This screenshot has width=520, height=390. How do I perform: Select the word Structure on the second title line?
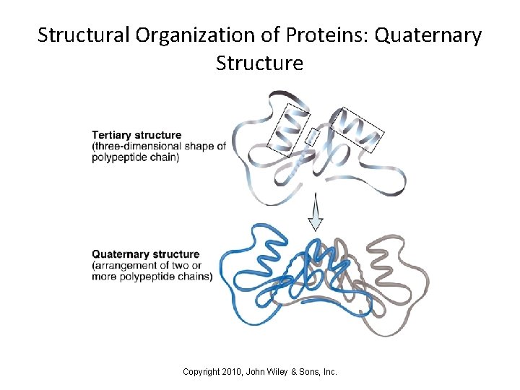click(x=259, y=64)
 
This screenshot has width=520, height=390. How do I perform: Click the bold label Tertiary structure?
click(x=136, y=135)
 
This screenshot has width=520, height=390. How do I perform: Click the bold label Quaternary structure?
click(x=145, y=254)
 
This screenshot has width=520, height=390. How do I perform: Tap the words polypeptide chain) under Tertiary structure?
click(x=135, y=157)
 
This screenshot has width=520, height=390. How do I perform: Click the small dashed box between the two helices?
click(x=312, y=136)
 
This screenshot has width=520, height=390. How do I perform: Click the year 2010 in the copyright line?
click(x=233, y=372)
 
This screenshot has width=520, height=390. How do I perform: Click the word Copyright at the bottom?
click(x=202, y=372)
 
